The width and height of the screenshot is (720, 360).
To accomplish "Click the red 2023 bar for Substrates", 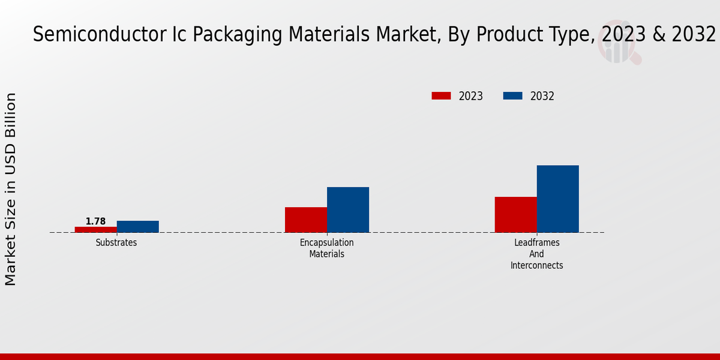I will (96, 229).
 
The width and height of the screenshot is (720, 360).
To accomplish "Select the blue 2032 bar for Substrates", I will (138, 226).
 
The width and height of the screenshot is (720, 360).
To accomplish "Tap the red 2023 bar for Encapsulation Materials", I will (306, 220).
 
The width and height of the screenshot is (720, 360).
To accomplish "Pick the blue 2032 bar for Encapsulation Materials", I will (348, 209).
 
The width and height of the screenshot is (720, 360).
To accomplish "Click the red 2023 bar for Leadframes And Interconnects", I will (516, 214).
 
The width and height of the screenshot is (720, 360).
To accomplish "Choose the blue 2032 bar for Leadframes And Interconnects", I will (558, 199).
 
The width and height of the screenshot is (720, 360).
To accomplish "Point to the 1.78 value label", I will (95, 221).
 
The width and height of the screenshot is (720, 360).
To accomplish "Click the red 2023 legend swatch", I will (441, 96).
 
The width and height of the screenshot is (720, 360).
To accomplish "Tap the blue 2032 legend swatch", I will (512, 96).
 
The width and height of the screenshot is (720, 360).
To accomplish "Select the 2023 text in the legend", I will (471, 96).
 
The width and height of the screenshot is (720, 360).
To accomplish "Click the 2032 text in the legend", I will (542, 96).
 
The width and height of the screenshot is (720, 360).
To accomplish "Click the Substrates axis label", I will (116, 243).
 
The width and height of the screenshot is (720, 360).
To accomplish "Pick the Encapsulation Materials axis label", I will (327, 248).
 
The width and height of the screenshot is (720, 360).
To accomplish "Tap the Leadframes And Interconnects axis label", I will (537, 254).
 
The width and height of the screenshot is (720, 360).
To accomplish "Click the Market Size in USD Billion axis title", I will (11, 189).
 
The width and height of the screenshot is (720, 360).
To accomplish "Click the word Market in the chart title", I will (407, 35).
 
